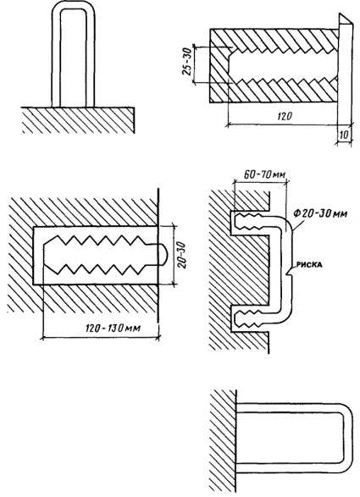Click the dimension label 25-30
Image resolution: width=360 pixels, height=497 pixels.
(187, 62)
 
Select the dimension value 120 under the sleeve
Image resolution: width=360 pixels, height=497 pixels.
(285, 116)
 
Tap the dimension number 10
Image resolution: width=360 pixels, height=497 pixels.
(344, 135)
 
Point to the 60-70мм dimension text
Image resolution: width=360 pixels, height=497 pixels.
(265, 174)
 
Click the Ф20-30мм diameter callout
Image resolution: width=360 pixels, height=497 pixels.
(320, 213)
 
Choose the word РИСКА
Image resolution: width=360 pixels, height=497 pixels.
(309, 264)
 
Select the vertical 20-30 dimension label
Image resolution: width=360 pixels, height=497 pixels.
(183, 255)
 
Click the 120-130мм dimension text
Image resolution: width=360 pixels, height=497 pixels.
(113, 328)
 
